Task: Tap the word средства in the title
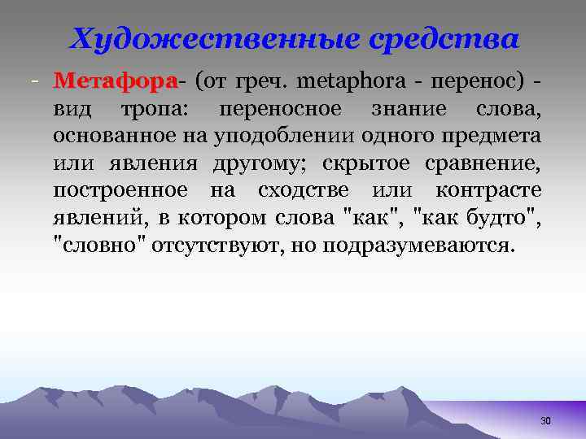coord(446,38)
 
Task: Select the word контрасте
coord(488,192)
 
